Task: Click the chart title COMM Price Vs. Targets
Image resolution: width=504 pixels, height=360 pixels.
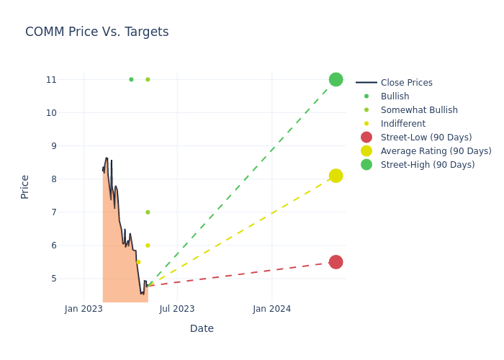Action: point(96,32)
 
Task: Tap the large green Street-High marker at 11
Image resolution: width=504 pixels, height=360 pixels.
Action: point(336,79)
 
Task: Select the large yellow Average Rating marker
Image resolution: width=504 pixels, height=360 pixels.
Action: point(336,176)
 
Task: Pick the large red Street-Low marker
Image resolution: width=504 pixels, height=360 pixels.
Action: point(336,262)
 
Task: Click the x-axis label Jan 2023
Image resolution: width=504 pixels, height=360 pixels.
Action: point(84,309)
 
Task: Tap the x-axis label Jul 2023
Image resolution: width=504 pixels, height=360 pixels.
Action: point(177,309)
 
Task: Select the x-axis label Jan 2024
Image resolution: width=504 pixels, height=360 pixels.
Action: point(272,309)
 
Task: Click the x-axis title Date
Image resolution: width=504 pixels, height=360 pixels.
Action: point(202,328)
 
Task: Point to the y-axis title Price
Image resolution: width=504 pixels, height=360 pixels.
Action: point(25,186)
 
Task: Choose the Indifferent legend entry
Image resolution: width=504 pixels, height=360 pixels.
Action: point(402,124)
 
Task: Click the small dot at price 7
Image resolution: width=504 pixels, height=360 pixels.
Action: point(148,212)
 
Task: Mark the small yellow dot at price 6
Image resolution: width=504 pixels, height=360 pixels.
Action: point(148,246)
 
